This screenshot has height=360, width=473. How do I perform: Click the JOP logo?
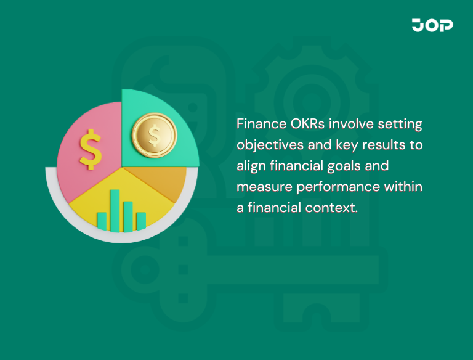[x=432, y=25]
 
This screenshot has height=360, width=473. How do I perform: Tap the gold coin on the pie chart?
[x=154, y=133]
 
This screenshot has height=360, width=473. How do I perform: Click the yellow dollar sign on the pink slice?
[x=91, y=149]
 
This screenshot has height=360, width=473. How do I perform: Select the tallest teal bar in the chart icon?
[x=115, y=210]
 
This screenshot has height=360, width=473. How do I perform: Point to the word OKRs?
[x=308, y=124]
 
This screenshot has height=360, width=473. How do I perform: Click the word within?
[x=402, y=186]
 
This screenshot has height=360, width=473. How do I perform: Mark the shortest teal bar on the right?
[x=141, y=221]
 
